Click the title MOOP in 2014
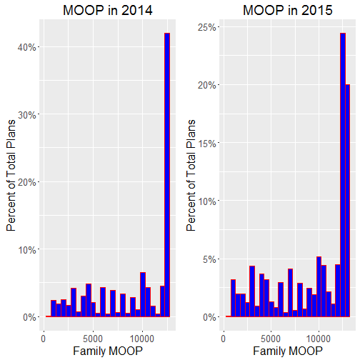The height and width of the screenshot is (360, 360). point(108,10)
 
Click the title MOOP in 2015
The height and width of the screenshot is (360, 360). point(288,10)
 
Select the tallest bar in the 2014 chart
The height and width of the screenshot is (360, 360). point(167,175)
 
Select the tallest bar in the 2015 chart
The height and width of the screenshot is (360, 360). point(343,175)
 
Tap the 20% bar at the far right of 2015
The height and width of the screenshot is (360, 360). point(348,201)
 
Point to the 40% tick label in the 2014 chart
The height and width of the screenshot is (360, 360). point(26,47)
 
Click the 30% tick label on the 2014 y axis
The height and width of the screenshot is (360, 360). point(26,115)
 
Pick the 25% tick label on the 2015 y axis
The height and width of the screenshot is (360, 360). point(206,27)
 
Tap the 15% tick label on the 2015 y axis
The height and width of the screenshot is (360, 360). point(206,143)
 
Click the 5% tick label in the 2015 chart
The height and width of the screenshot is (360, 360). point(209,259)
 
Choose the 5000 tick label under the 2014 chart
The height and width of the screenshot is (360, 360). point(93,339)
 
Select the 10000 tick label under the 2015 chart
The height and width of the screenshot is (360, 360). point(319,339)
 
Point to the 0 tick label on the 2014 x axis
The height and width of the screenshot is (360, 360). point(44,339)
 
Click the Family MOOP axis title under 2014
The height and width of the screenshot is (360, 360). point(108,351)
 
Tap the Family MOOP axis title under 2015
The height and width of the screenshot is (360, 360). point(288,351)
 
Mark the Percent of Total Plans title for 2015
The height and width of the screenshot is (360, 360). point(191,175)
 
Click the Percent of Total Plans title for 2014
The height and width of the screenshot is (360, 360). point(11,175)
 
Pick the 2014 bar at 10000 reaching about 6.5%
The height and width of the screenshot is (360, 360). point(143,294)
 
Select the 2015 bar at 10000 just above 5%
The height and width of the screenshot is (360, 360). point(319,286)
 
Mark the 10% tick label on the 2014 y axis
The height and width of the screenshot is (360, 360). point(26,250)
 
